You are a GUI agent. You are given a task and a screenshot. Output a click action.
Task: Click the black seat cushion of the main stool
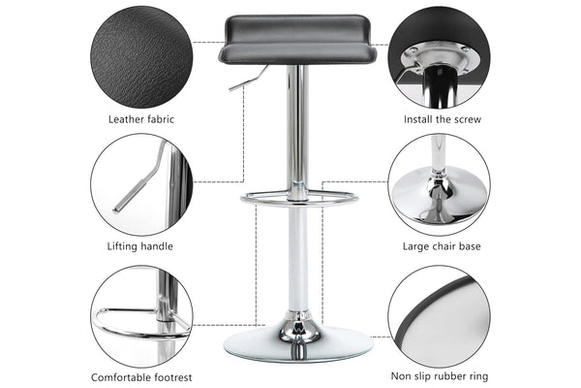pos(297,39)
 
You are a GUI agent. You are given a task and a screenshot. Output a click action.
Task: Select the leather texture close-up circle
pos(141,57)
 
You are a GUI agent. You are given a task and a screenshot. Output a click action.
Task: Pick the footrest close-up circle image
pos(141,316)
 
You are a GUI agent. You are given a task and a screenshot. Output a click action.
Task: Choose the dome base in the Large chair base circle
pos(440,197)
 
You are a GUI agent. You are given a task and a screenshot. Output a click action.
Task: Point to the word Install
pos(416,119)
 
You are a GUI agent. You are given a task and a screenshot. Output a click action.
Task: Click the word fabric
pos(161,119)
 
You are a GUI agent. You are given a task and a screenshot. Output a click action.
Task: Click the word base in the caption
pos(470,246)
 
